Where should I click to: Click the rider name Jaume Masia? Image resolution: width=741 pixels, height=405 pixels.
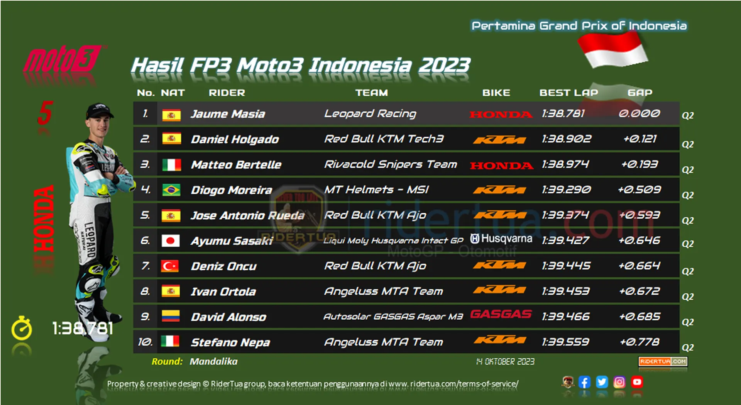[x=228, y=114]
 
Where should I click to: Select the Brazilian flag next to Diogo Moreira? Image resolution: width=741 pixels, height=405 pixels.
[x=171, y=190]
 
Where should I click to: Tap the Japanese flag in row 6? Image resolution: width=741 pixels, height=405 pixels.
[x=171, y=241]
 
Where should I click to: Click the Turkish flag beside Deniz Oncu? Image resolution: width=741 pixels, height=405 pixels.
[x=170, y=266]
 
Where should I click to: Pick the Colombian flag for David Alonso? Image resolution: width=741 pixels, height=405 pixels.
[x=171, y=316]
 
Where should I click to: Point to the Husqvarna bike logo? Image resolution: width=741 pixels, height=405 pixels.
[x=501, y=239]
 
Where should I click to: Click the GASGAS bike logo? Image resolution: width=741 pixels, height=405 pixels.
[x=501, y=314]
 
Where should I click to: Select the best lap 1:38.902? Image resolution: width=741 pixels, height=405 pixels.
[x=566, y=139]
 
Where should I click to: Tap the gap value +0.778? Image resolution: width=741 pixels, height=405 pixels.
[x=639, y=342]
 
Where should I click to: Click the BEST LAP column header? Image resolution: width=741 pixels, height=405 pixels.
[x=568, y=93]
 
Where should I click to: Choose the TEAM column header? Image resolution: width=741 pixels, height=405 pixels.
[x=372, y=93]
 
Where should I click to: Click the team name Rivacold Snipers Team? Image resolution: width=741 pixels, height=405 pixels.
[x=391, y=164]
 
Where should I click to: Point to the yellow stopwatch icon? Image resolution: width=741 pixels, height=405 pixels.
[x=22, y=328]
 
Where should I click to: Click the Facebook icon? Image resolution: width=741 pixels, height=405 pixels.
[x=584, y=382]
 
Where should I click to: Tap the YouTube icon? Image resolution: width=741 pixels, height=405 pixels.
[x=637, y=382]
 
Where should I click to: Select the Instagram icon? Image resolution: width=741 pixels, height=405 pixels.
[x=619, y=382]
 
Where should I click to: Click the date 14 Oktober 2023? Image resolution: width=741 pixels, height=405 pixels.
[x=505, y=361]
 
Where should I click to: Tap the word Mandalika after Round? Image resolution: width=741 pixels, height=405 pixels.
[x=213, y=361]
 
